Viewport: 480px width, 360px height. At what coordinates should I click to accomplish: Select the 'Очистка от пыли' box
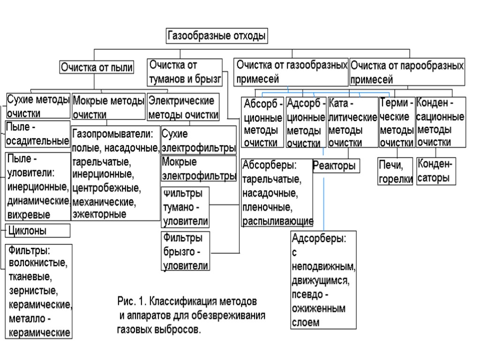click(97, 67)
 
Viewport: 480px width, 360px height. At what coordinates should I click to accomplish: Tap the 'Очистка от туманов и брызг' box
click(184, 72)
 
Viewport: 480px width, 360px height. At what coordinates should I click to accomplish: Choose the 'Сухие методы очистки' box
click(38, 106)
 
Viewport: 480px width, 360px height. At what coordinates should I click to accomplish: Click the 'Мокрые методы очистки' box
click(108, 107)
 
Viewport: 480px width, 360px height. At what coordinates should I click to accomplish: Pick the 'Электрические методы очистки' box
click(183, 107)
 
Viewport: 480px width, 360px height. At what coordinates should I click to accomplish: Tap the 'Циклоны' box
click(37, 231)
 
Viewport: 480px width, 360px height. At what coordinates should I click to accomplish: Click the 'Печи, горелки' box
click(396, 171)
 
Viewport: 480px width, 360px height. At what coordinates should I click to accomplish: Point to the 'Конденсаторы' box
click(435, 171)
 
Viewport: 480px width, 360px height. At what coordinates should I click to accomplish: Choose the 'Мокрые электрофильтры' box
click(198, 169)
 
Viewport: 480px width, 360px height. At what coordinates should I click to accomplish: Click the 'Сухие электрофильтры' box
click(198, 141)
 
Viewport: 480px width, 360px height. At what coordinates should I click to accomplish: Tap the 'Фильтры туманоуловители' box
click(185, 207)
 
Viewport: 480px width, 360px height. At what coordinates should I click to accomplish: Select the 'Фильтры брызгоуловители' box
click(185, 251)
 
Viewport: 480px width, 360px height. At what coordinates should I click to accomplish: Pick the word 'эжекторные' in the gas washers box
click(99, 215)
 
